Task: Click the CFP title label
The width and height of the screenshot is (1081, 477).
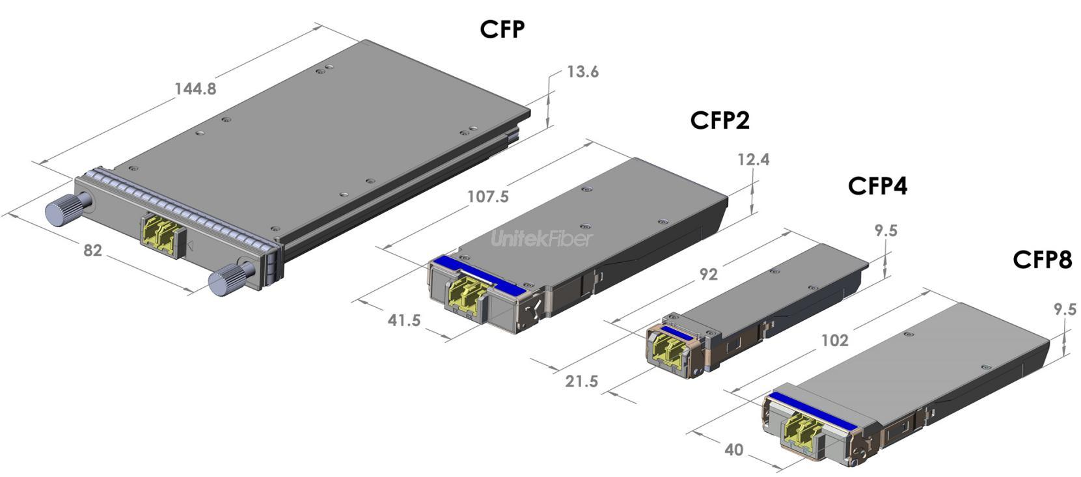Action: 502,29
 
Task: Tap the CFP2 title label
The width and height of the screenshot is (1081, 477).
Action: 720,120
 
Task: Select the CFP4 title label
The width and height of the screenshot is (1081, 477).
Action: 877,186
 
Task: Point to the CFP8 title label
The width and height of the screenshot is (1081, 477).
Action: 1042,260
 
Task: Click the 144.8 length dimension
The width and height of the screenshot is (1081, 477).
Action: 195,89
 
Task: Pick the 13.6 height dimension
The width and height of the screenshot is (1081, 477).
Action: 582,72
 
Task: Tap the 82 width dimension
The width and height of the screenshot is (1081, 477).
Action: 92,249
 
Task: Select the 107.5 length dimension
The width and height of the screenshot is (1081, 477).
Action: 488,197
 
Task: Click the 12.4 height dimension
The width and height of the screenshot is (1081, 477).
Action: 753,159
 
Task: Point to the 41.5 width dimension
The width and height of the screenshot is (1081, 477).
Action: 404,320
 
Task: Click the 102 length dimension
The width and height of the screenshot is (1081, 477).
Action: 834,340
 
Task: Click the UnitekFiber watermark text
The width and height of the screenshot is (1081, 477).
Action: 541,239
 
